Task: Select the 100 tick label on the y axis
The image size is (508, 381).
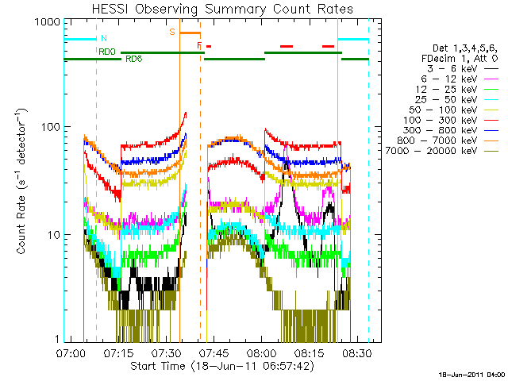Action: click(51, 128)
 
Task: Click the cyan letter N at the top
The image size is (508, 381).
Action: click(104, 38)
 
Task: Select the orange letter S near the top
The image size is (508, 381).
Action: click(171, 32)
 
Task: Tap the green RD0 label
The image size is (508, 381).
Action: click(107, 52)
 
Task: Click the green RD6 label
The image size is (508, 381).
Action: click(134, 59)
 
